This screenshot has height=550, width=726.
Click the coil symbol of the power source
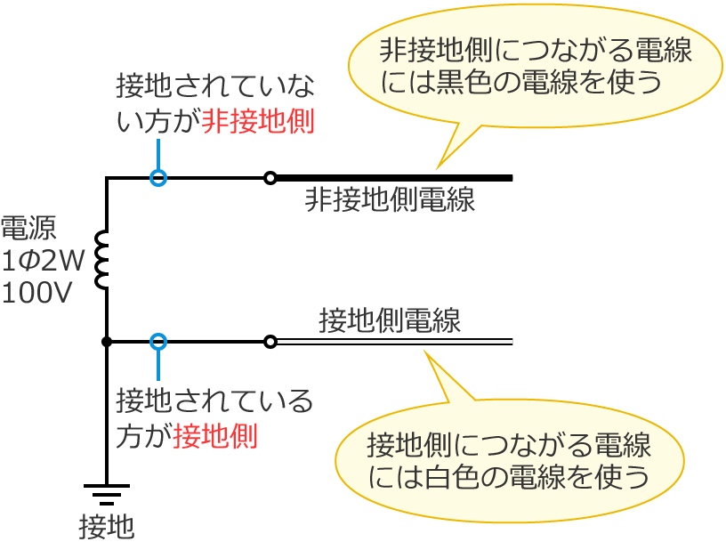103,260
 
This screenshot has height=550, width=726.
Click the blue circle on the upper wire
157,178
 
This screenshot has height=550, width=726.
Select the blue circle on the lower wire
157,341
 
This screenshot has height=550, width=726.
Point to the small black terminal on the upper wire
270,178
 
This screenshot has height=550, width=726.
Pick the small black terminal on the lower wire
270,341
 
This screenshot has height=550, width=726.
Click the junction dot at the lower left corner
107,341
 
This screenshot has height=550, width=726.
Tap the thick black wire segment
391,178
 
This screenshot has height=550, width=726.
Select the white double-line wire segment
391,342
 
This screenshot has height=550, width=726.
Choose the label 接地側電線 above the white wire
390,319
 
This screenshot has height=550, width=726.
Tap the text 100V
37,292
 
